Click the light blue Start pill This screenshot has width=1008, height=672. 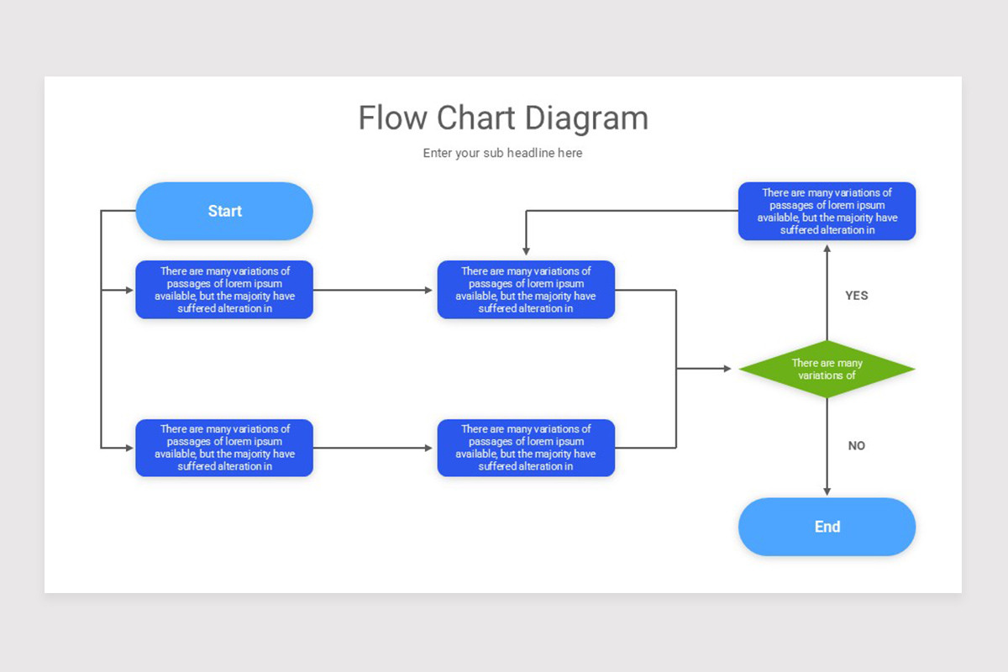click(x=224, y=211)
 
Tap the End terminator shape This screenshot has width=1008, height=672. click(x=827, y=527)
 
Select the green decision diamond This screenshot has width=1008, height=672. click(x=827, y=369)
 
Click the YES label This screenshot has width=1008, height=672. click(x=856, y=296)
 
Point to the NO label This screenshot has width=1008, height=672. click(x=856, y=446)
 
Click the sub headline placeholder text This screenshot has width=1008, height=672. click(x=502, y=153)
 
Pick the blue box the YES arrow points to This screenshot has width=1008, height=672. click(x=827, y=211)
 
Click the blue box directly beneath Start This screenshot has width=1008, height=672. click(x=224, y=290)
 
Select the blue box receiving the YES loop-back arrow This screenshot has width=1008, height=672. click(x=526, y=290)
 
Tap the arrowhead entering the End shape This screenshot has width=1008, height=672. click(x=827, y=491)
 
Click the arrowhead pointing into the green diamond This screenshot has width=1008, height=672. click(x=727, y=369)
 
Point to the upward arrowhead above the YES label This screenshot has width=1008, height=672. click(x=827, y=249)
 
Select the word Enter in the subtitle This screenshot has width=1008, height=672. click(x=437, y=153)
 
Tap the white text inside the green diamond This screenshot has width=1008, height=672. click(x=827, y=369)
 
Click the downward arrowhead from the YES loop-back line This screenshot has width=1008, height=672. click(x=526, y=251)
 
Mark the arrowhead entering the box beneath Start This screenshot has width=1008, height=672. click(x=129, y=290)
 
